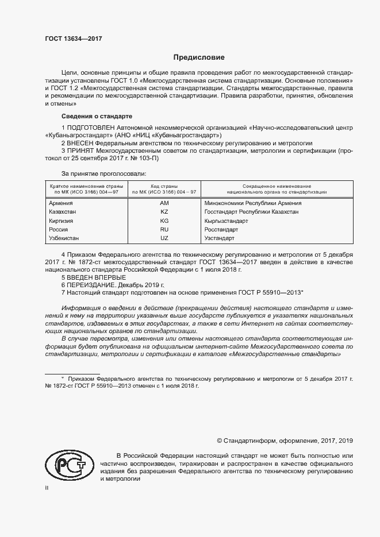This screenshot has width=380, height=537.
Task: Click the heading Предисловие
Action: (x=199, y=57)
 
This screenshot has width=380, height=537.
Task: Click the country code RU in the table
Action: (x=164, y=229)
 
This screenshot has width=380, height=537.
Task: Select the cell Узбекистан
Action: (x=64, y=238)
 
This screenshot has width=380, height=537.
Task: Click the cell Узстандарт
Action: (x=220, y=238)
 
